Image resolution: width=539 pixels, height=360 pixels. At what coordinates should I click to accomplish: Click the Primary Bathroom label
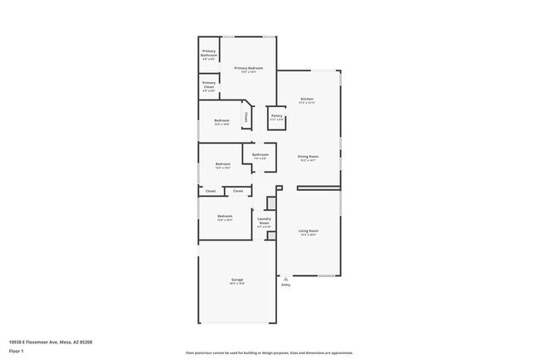click(209, 54)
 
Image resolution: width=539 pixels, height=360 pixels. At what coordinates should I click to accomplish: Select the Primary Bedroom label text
click(249, 69)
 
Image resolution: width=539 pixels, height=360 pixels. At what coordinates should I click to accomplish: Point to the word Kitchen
click(306, 99)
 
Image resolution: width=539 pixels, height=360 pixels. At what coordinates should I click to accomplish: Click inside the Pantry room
click(276, 117)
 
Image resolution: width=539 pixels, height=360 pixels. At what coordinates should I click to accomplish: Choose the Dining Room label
click(308, 158)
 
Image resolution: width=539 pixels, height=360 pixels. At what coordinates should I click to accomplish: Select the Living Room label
click(308, 232)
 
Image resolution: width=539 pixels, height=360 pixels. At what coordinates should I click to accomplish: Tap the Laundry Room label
click(264, 221)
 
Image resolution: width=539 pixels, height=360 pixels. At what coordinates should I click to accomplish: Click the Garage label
click(236, 280)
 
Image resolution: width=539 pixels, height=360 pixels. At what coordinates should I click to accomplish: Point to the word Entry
click(286, 285)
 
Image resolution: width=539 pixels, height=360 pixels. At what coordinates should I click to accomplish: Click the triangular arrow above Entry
click(286, 278)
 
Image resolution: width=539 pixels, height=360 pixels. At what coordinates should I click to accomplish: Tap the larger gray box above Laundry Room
click(270, 202)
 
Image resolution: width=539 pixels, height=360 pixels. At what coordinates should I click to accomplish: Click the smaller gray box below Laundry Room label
click(270, 236)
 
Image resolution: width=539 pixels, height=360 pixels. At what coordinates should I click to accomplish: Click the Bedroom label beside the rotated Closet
click(222, 123)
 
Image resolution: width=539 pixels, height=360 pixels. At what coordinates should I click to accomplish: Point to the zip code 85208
click(85, 342)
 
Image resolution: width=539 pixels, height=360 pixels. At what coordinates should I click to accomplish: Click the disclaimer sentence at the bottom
click(269, 353)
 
